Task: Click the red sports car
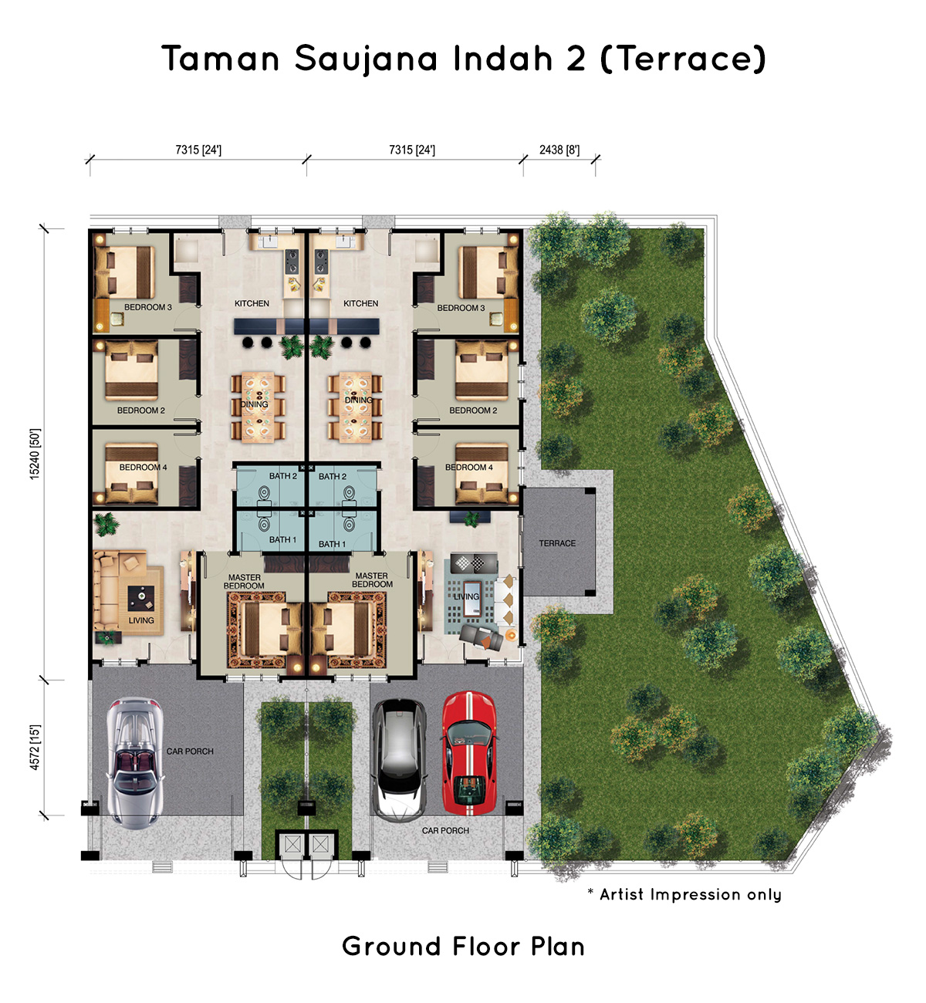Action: (x=468, y=753)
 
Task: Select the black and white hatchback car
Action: (x=399, y=759)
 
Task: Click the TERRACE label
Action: (x=556, y=543)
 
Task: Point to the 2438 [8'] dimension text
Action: (x=559, y=150)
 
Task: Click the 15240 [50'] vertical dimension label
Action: (x=35, y=454)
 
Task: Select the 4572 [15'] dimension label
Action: (x=35, y=748)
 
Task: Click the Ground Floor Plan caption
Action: (x=463, y=946)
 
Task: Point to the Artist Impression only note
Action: (x=684, y=894)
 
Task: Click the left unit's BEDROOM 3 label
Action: (x=148, y=307)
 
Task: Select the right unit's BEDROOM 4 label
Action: (x=468, y=467)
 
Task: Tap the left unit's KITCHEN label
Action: (x=252, y=303)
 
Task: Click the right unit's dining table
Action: (x=356, y=407)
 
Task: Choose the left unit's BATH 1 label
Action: (x=282, y=539)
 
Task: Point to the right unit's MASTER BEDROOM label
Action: (x=372, y=579)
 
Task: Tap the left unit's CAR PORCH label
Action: (x=190, y=751)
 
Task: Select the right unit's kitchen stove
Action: (x=321, y=261)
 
